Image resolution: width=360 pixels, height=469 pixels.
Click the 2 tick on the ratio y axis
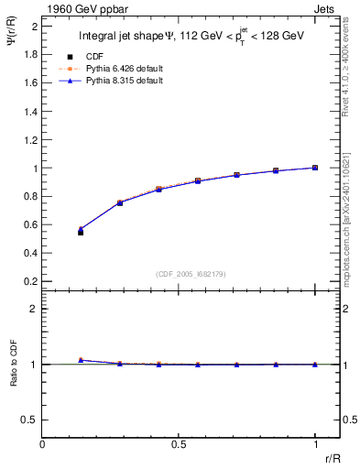point(33,310)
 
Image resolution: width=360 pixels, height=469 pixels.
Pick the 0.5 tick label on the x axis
point(179,444)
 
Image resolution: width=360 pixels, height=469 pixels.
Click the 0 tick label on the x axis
point(43,444)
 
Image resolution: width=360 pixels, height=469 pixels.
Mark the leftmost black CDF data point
point(81,233)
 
